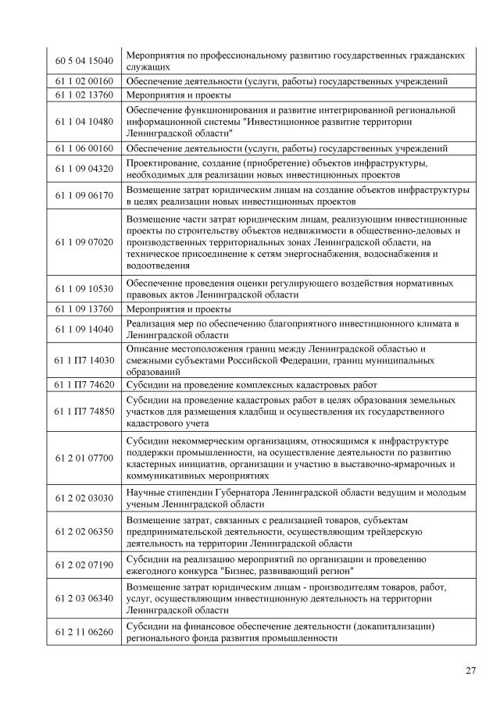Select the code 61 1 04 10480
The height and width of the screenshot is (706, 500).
point(84,121)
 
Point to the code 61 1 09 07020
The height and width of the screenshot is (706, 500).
point(84,242)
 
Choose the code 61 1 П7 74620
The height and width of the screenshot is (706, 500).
point(84,384)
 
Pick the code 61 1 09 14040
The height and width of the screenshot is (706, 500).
point(84,329)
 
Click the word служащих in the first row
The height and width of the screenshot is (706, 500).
point(148,67)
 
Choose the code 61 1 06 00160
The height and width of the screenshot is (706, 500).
point(84,148)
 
